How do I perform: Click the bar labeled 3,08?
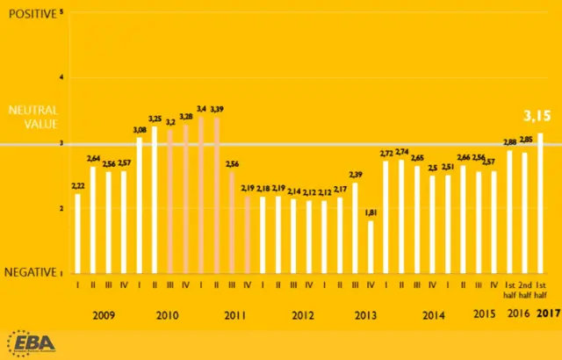(139, 205)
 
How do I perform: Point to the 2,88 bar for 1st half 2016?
(510, 212)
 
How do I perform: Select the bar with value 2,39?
(355, 227)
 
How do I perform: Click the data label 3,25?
(155, 119)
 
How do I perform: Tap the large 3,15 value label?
(537, 115)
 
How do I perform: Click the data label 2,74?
(402, 152)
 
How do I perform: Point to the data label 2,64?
(92, 158)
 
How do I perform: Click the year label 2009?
(102, 313)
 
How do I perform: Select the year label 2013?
(366, 313)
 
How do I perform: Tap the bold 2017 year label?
(548, 313)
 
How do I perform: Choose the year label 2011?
(234, 313)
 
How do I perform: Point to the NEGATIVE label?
(32, 273)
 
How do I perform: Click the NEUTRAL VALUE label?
(33, 118)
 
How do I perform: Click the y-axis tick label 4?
(62, 77)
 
